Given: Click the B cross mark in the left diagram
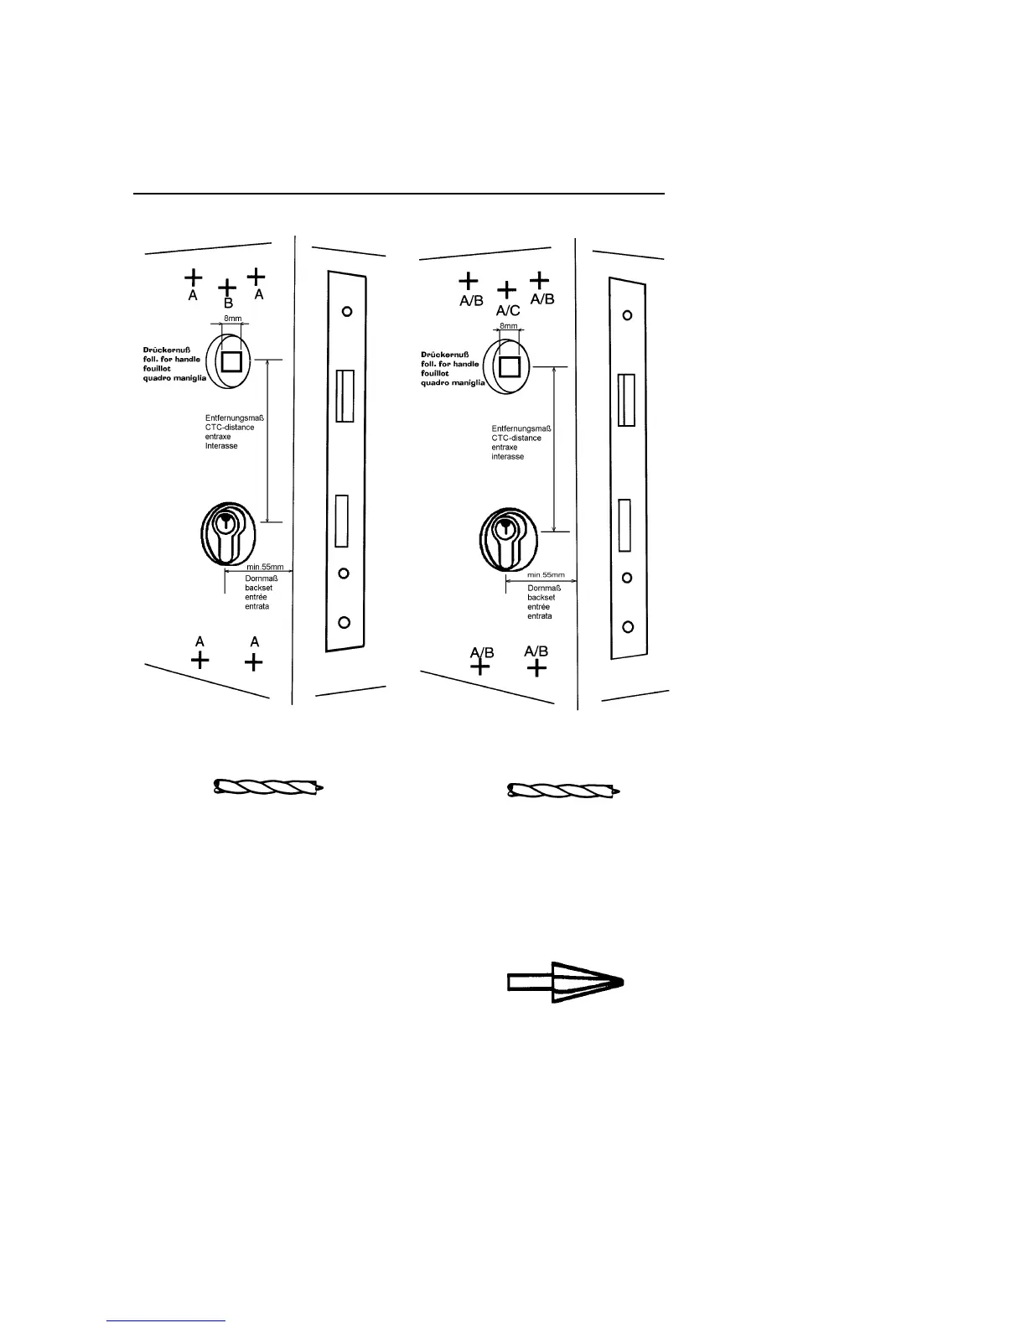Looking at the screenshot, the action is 227,287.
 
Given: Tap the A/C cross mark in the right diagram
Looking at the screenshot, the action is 506,291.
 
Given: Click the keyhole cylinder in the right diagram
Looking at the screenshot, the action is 505,539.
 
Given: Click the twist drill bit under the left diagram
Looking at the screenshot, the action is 268,787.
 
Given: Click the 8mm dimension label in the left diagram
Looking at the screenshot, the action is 232,319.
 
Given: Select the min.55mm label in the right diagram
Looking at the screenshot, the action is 546,575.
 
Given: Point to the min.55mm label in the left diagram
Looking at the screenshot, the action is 265,568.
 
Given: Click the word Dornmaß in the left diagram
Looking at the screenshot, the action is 261,578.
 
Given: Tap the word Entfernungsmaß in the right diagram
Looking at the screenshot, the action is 519,428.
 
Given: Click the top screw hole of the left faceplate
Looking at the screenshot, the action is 346,311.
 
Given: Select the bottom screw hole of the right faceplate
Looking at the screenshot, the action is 627,626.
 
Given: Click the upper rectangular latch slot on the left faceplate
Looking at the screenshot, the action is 345,396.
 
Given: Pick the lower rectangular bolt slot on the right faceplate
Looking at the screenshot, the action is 624,525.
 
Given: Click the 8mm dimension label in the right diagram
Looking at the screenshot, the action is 508,326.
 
